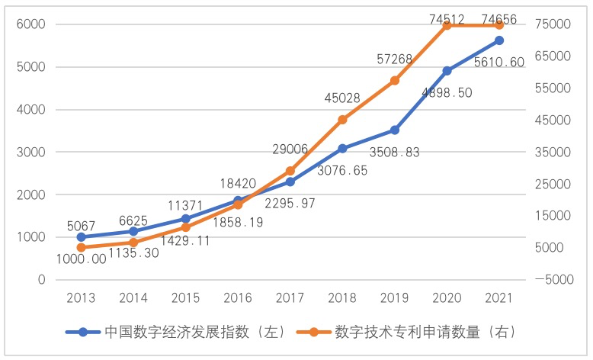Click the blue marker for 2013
point(82,237)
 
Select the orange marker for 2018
point(342,120)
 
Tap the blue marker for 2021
point(499,40)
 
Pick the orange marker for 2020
point(447,25)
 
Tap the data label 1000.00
point(81,259)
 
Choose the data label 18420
point(238,183)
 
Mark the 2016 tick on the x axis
point(238,297)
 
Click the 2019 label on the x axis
point(395,297)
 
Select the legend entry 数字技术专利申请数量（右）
point(424,333)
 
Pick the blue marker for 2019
point(395,130)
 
